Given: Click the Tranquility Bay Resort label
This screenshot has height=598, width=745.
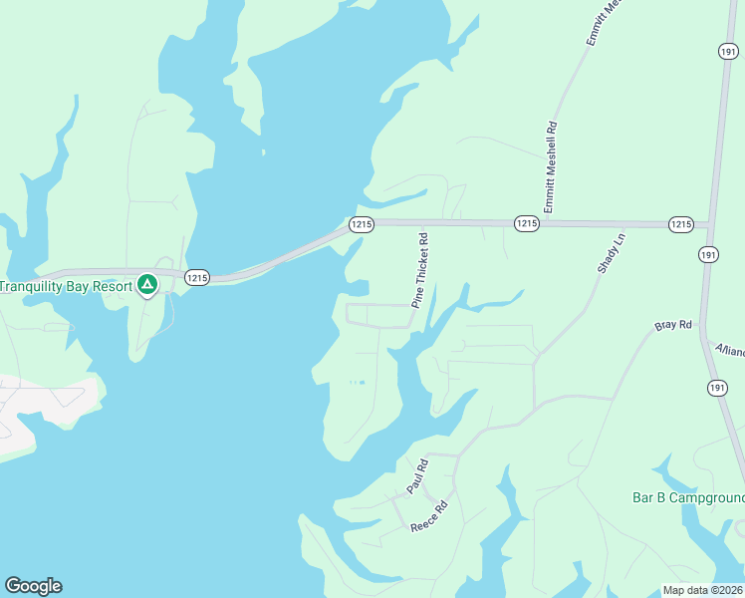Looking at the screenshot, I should (x=66, y=287).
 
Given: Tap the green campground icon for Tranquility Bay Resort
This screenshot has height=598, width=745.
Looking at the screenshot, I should (x=146, y=286).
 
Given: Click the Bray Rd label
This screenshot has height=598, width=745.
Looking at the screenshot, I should (x=672, y=326).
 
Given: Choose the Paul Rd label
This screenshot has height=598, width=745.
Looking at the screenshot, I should (x=416, y=476).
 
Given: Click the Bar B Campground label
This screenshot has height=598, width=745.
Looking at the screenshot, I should (x=688, y=498).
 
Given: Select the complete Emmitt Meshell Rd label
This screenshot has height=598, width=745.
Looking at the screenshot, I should (x=550, y=166).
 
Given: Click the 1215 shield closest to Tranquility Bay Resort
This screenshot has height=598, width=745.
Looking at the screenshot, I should (x=196, y=278).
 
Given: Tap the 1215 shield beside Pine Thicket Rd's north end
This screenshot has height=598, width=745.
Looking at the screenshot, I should (x=362, y=225).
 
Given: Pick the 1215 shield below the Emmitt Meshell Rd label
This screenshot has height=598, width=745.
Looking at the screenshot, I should (x=527, y=224).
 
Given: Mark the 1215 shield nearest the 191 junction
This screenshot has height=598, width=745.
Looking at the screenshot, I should (x=680, y=224).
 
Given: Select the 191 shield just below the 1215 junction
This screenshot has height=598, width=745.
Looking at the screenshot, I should (x=707, y=255).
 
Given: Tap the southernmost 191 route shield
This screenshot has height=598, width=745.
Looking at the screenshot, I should (x=717, y=388).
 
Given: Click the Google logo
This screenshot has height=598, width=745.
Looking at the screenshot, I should (x=33, y=586).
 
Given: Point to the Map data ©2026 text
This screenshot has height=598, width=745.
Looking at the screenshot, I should (x=703, y=590).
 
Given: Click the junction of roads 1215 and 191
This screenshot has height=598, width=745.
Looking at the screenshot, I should (x=707, y=225).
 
